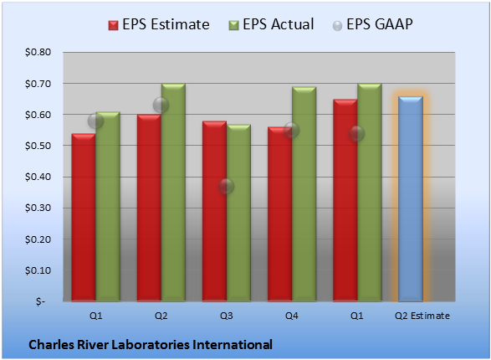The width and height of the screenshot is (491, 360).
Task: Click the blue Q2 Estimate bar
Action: [411, 198]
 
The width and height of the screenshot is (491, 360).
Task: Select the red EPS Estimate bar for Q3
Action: [214, 211]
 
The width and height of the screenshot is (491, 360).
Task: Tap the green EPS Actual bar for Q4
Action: [304, 194]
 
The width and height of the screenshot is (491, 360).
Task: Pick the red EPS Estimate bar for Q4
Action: [279, 214]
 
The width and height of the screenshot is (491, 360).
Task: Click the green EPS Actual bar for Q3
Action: [238, 213]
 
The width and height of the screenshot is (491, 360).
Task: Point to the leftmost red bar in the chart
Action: [84, 217]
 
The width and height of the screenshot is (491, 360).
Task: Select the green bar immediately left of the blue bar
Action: [370, 193]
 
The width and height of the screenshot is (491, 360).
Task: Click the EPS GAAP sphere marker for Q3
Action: [226, 187]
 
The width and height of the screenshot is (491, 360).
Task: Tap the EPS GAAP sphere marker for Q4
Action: [292, 131]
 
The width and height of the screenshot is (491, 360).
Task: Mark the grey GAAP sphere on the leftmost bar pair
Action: [95, 121]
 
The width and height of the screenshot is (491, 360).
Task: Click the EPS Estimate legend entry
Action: [159, 24]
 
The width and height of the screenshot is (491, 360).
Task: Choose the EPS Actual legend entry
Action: [271, 24]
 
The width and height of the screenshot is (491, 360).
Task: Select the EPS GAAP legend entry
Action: [372, 24]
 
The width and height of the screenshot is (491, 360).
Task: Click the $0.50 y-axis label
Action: [38, 146]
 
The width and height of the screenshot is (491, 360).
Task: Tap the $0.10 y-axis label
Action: [38, 270]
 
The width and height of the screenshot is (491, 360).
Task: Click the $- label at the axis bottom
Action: [40, 301]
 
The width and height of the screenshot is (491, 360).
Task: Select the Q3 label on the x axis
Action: [227, 316]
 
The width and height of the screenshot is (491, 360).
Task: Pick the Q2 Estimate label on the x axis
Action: [422, 316]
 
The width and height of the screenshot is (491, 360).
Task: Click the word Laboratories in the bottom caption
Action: [151, 345]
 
